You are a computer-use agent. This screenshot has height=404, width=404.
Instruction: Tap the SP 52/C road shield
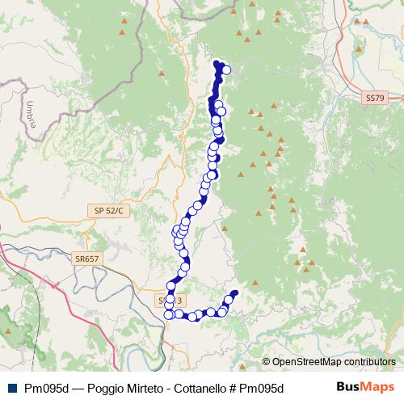tap(107, 211)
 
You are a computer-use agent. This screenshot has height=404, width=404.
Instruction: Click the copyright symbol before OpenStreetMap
tap(267, 362)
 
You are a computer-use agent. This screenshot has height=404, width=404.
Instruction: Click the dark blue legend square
tap(10, 388)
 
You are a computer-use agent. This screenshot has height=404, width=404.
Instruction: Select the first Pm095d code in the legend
tap(46, 388)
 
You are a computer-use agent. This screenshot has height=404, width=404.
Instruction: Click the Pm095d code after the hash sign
tap(262, 388)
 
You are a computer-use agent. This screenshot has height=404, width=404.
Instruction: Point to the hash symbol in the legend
tap(233, 388)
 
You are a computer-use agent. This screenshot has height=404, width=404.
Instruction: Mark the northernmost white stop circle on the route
tap(226, 70)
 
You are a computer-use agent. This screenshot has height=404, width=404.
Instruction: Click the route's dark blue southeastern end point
tap(235, 293)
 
